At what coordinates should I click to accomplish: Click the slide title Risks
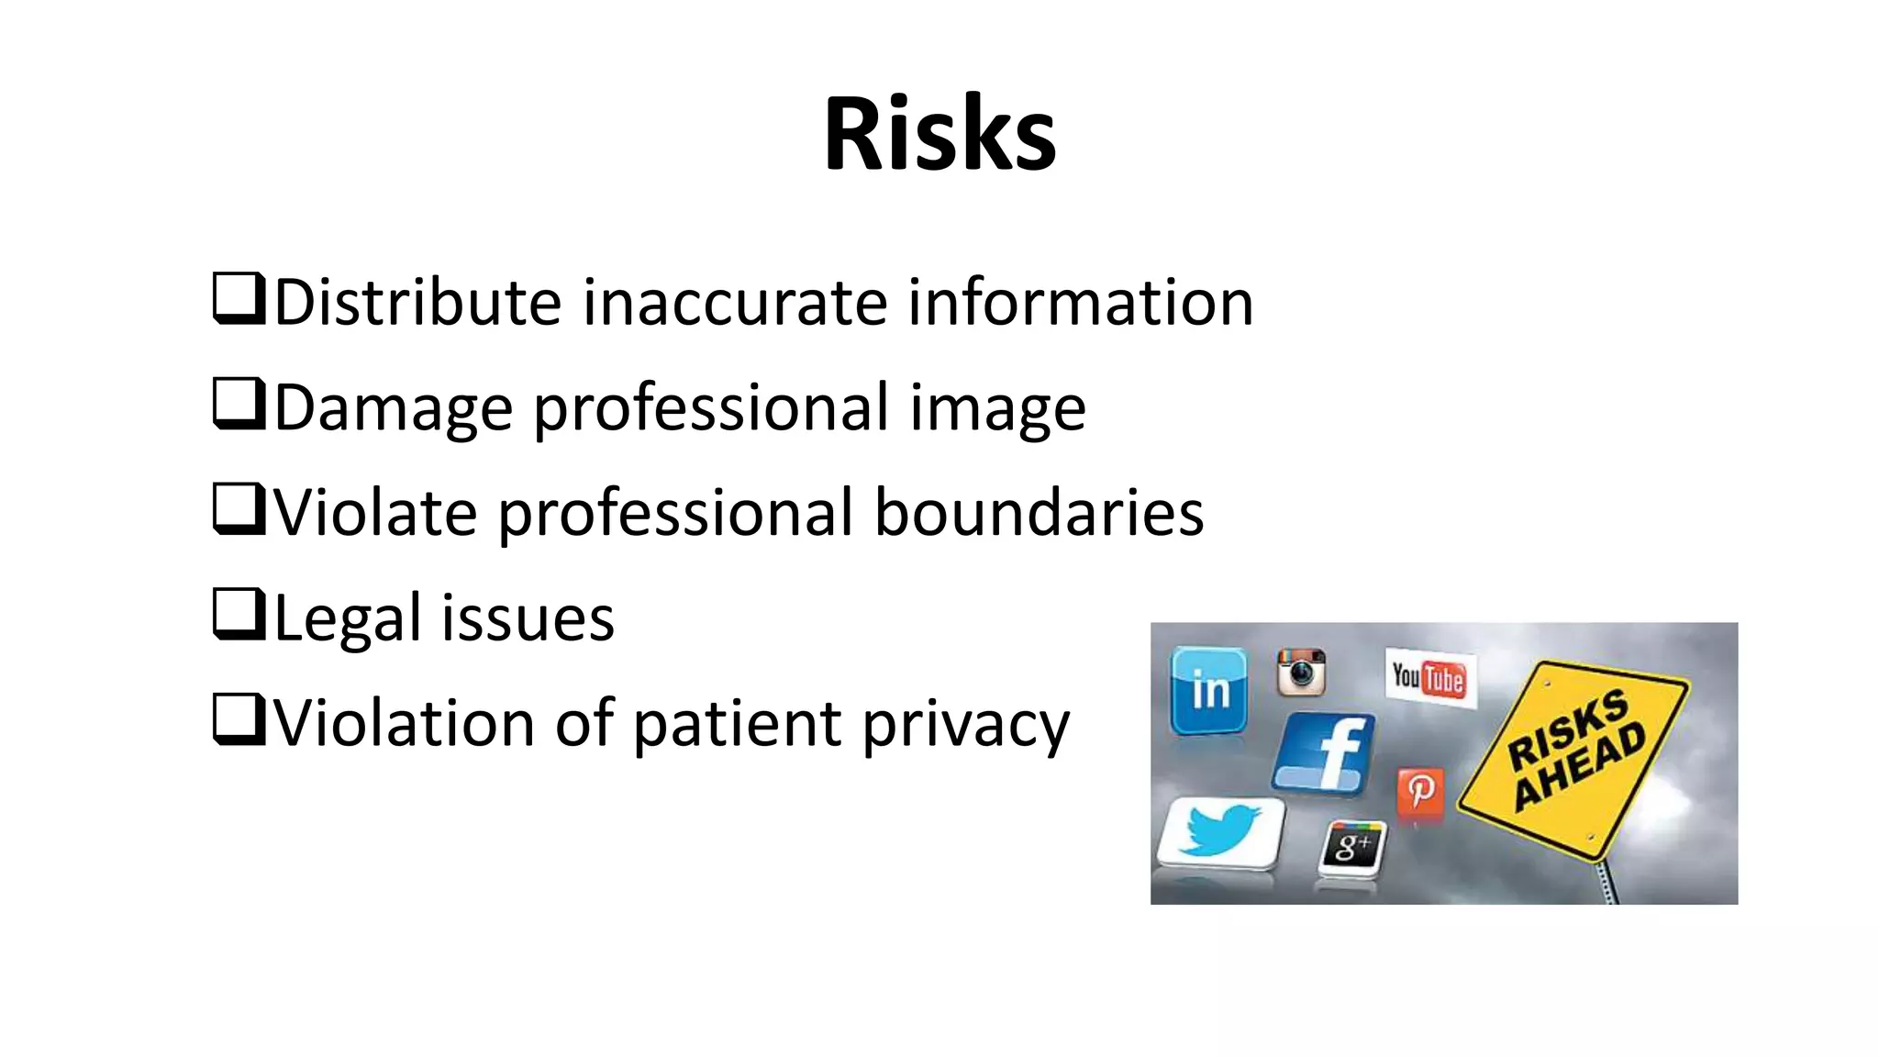click(x=939, y=134)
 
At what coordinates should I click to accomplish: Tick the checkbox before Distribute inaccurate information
click(x=238, y=298)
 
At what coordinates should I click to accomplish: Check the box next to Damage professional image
click(x=238, y=404)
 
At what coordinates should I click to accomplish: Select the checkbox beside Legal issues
click(x=238, y=614)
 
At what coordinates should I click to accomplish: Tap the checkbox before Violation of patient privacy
click(x=238, y=719)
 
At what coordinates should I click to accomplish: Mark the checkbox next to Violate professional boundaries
click(x=238, y=509)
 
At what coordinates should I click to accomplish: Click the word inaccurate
click(x=735, y=303)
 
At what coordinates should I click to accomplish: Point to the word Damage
click(x=393, y=408)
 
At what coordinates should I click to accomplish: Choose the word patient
click(x=737, y=725)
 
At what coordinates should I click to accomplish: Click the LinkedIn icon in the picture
click(x=1209, y=690)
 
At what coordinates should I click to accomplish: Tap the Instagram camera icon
click(x=1301, y=673)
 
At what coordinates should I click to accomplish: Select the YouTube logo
click(x=1429, y=679)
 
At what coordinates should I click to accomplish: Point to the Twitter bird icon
click(x=1220, y=831)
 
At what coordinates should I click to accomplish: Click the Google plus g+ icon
click(x=1352, y=846)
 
